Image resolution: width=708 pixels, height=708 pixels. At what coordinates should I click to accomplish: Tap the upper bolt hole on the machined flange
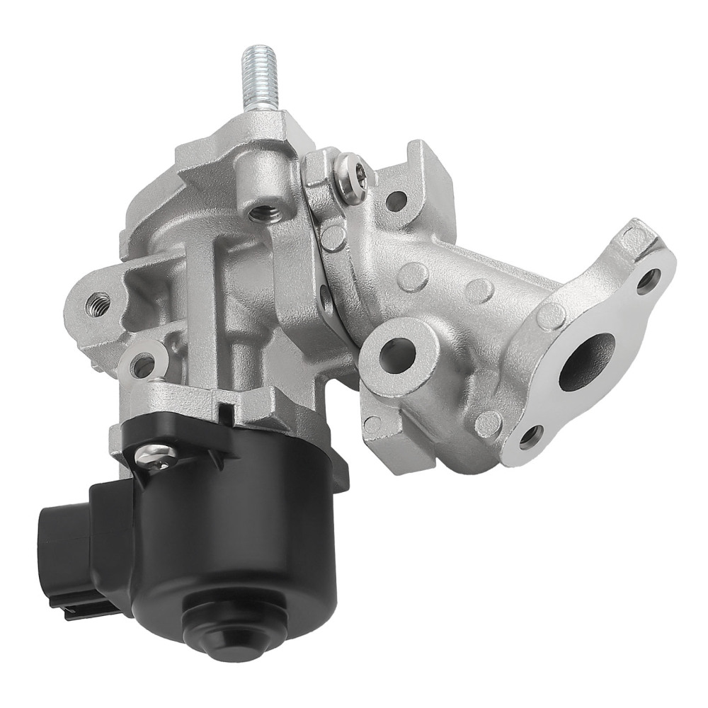[649, 281]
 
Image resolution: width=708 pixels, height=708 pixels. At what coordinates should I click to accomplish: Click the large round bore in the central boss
[396, 350]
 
